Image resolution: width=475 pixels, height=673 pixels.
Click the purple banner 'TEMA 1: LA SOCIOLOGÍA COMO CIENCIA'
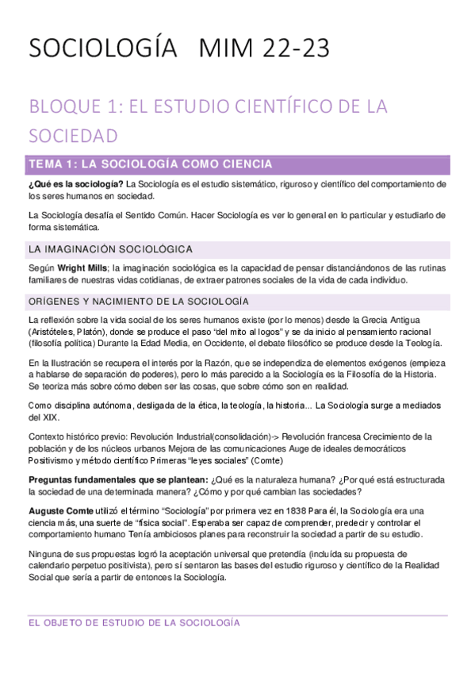coord(151,164)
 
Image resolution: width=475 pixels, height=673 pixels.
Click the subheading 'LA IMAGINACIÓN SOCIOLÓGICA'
coord(109,249)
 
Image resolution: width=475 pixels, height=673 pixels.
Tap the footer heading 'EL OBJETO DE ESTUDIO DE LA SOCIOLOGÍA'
coord(134,623)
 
